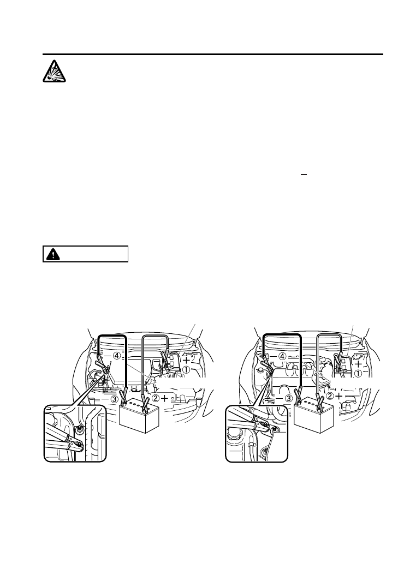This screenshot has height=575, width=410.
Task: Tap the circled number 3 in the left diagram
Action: click(114, 399)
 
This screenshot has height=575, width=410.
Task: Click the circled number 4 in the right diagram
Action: click(283, 356)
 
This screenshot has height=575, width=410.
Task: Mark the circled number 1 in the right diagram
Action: click(359, 374)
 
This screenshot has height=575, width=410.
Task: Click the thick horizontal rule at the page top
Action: click(213, 55)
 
